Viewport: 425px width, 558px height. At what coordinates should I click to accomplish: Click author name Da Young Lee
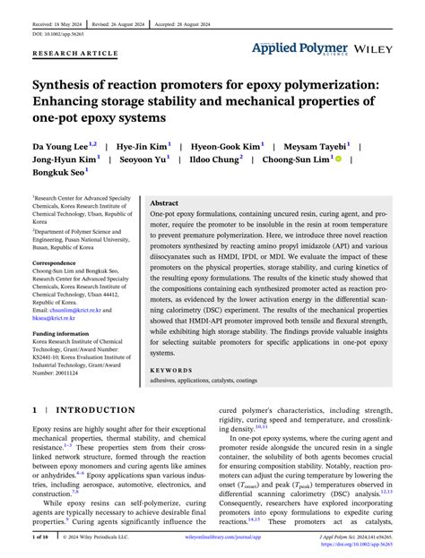[x=61, y=144]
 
